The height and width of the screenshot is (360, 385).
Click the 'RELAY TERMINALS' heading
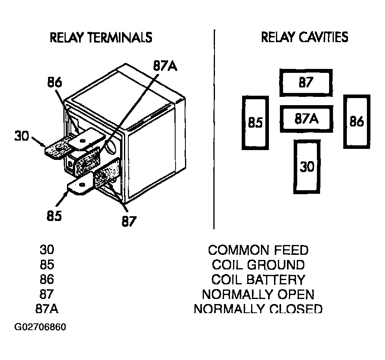pyautogui.click(x=101, y=37)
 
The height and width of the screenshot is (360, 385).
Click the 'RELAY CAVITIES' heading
pyautogui.click(x=304, y=37)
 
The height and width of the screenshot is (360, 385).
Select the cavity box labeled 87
pyautogui.click(x=306, y=83)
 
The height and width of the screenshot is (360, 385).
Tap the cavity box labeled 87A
pyautogui.click(x=306, y=119)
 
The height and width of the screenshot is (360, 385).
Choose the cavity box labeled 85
pyautogui.click(x=255, y=122)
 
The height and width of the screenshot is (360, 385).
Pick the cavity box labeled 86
pyautogui.click(x=357, y=122)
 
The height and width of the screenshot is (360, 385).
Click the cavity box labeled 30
pyautogui.click(x=307, y=167)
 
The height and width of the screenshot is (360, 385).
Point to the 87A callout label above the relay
pyautogui.click(x=165, y=66)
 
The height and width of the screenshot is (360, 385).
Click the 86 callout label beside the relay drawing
pyautogui.click(x=55, y=82)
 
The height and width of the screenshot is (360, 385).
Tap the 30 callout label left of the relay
pyautogui.click(x=22, y=136)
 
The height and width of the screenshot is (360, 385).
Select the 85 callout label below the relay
pyautogui.click(x=54, y=216)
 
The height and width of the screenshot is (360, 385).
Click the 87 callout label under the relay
pyautogui.click(x=129, y=221)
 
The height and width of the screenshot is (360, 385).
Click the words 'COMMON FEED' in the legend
pyautogui.click(x=258, y=250)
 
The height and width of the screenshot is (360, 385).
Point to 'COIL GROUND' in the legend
pyautogui.click(x=258, y=265)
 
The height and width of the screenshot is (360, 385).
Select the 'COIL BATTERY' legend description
pyautogui.click(x=258, y=280)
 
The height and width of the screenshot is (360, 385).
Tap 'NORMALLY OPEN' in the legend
pyautogui.click(x=258, y=294)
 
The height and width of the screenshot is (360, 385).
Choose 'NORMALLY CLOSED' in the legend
pyautogui.click(x=258, y=309)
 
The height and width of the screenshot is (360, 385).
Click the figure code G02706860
pyautogui.click(x=40, y=327)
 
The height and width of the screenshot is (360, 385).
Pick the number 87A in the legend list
pyautogui.click(x=47, y=309)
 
